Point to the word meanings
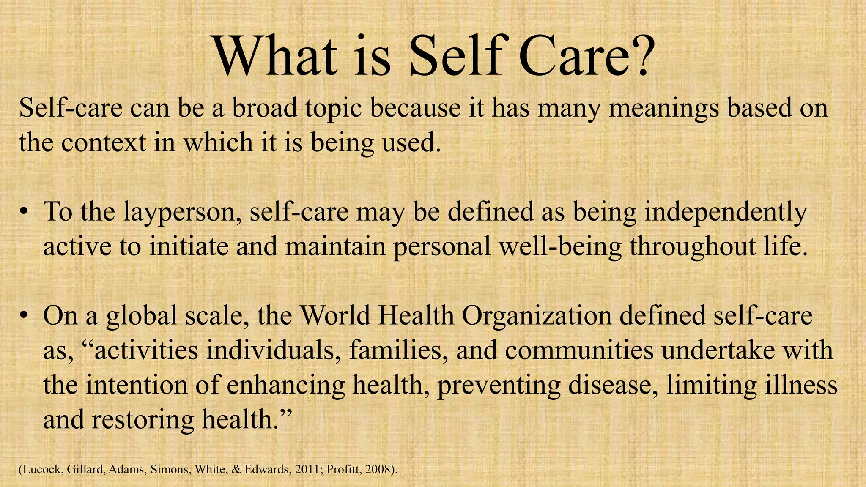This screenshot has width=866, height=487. pos(663,109)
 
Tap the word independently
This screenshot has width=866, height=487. pos(726,213)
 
